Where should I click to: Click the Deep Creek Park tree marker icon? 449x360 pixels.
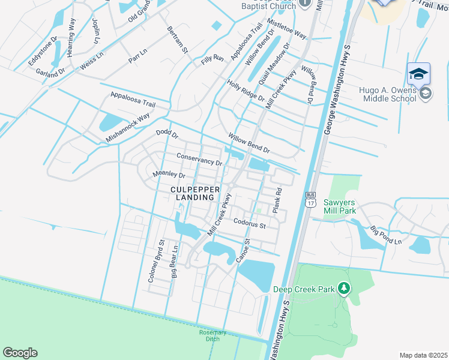pos(343,289)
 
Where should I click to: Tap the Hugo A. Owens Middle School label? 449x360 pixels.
pos(387,94)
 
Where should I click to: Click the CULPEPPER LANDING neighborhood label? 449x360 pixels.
pos(191,193)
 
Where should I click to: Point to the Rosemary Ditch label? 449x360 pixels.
pos(212,336)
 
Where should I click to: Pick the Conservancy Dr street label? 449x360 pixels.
pos(199,160)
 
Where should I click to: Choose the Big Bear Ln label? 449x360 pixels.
pos(174,262)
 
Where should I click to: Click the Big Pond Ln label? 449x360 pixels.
pos(385,235)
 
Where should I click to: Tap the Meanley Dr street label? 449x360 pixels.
pos(169,175)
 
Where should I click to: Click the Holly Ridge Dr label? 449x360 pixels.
pos(246,91)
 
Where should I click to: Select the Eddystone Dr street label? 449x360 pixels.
pos(43,53)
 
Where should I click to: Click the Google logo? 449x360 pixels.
pos(20,353)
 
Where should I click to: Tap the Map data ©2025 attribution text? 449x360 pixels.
pos(423,355)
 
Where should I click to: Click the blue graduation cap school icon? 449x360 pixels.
pos(418,74)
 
